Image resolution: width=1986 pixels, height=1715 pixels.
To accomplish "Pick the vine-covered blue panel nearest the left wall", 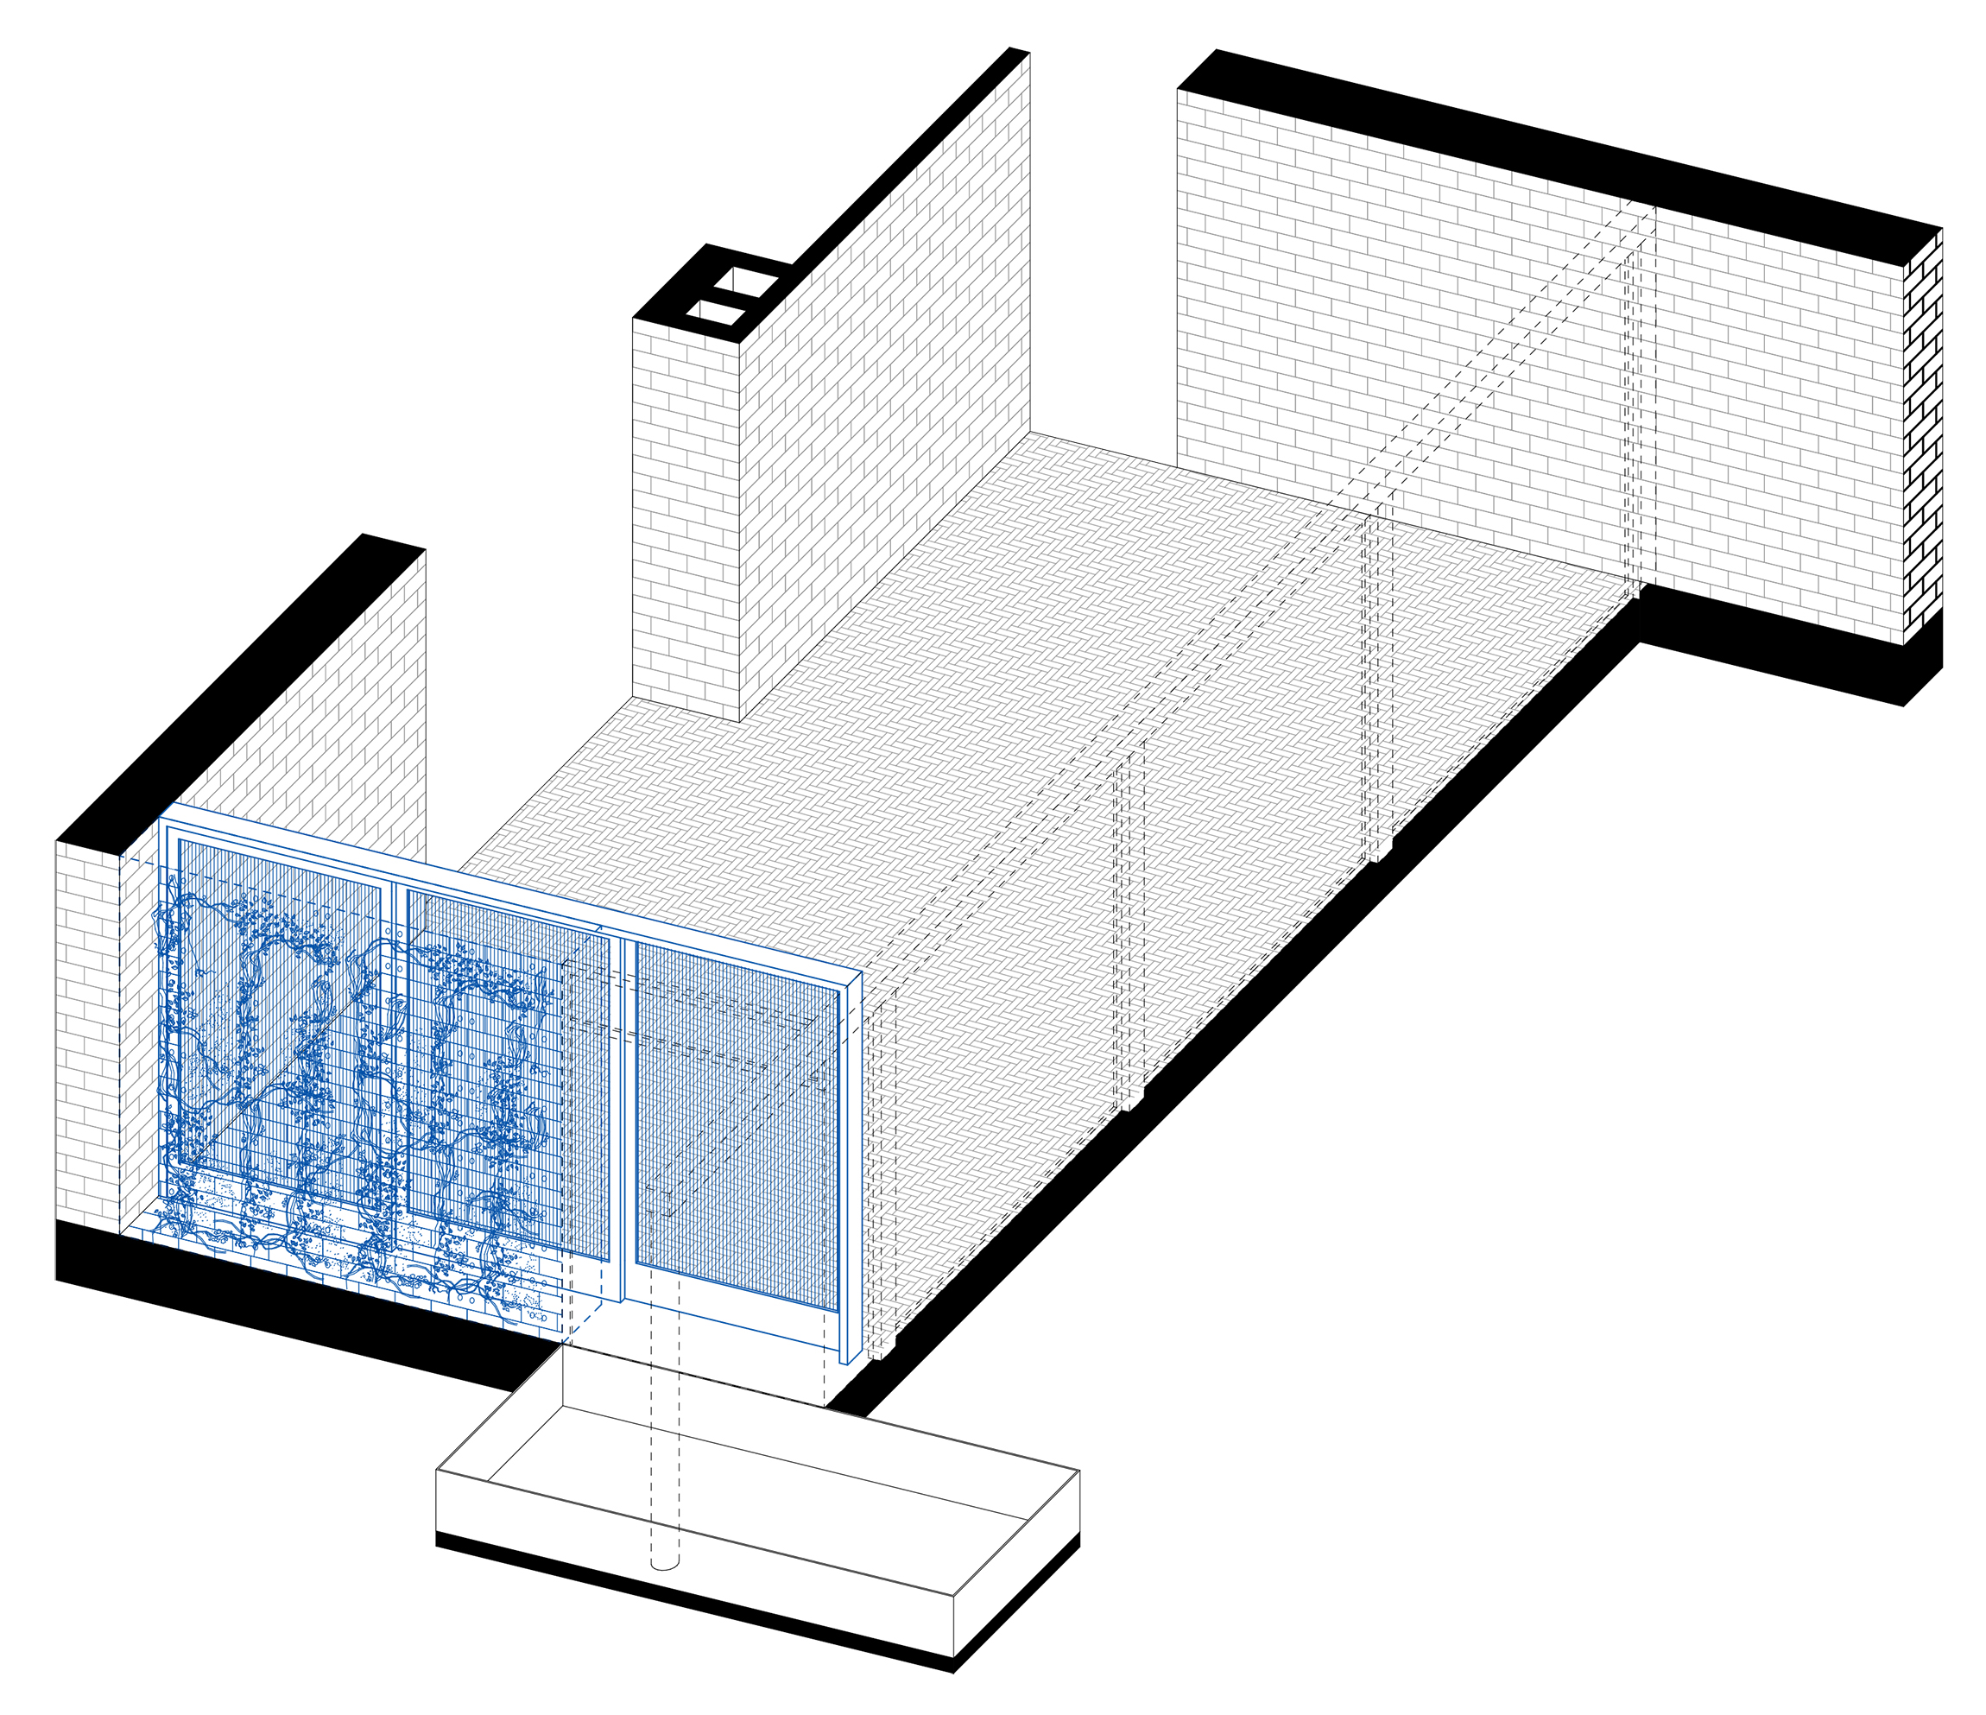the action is (x=278, y=1016).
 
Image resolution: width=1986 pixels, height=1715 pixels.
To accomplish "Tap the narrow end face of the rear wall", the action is (x=1923, y=441).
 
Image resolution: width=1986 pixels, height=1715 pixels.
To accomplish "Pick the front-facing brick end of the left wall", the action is (x=86, y=1035).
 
